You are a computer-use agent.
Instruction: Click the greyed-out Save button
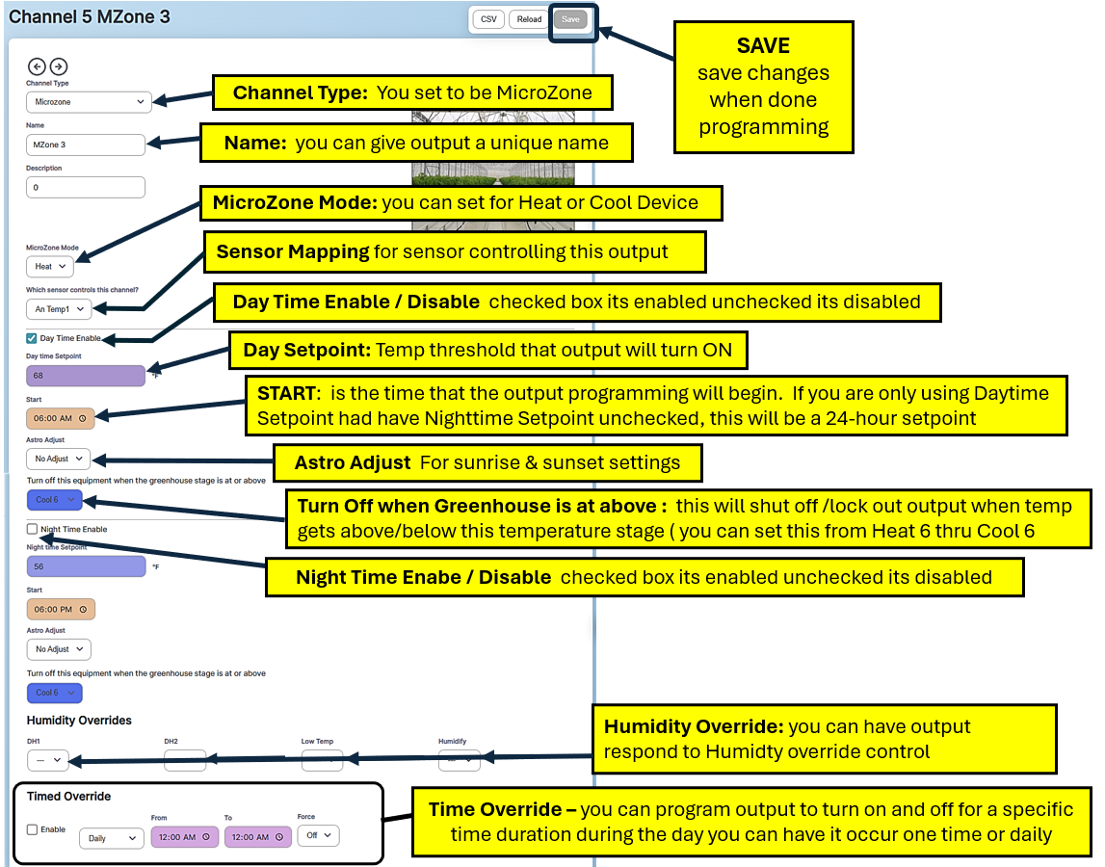pos(571,19)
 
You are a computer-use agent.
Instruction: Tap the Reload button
pos(529,19)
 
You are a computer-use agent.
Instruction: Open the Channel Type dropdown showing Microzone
pos(89,101)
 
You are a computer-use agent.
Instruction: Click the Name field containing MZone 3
pos(85,144)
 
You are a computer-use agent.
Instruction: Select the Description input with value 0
pos(85,187)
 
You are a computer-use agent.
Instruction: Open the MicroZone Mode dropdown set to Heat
pos(49,266)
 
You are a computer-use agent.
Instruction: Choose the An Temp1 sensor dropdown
pos(58,309)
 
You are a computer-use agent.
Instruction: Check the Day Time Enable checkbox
pos(32,338)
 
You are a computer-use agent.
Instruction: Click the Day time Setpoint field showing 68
pos(85,375)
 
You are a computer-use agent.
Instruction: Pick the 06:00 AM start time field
pos(61,418)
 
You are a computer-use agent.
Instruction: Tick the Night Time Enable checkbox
pos(32,529)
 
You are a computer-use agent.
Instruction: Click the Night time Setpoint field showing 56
pos(85,566)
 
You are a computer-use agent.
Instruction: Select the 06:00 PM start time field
pos(61,609)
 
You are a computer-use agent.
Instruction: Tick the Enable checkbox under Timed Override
pos(32,829)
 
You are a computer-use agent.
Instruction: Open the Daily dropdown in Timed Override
pos(111,838)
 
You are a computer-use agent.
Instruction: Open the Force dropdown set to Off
pos(318,835)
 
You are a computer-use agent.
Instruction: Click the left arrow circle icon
pos(37,66)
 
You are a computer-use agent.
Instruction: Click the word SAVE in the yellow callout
pos(763,45)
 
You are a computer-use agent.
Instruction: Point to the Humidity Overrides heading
pos(79,720)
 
